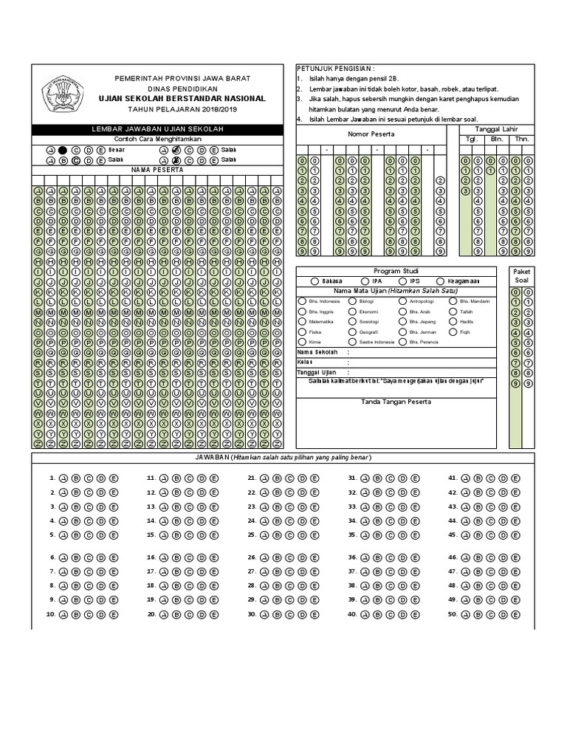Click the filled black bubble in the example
[63, 149]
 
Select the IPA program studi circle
[356, 281]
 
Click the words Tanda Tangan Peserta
[395, 402]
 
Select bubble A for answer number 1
[63, 478]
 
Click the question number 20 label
[151, 614]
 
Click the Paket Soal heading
[521, 276]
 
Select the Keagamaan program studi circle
[440, 281]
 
